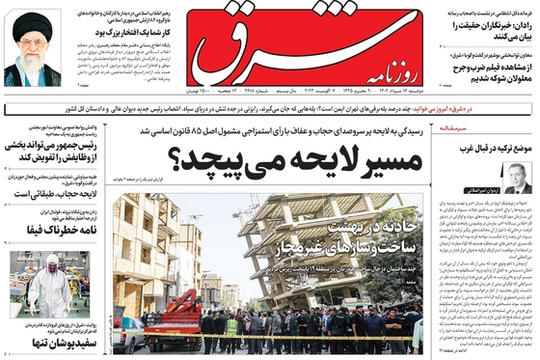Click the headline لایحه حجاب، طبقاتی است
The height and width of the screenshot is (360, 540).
click(48, 193)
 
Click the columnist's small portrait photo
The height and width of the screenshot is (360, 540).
click(517, 177)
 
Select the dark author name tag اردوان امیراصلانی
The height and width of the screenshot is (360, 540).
click(491, 189)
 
